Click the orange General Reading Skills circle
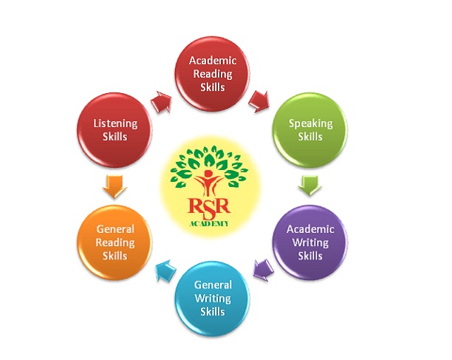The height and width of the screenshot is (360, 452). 114,242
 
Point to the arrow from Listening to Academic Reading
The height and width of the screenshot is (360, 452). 160,101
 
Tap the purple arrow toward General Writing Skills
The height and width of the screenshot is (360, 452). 260,269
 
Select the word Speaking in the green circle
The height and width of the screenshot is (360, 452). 311,123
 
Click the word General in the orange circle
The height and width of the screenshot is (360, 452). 115,229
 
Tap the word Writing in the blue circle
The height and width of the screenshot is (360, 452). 212,298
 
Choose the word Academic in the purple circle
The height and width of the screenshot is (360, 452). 310,229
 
